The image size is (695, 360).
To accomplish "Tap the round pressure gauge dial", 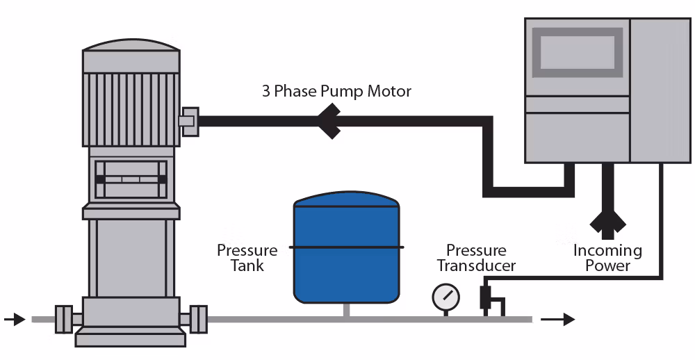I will [x=445, y=297].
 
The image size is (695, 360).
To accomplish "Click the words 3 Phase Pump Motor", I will [x=336, y=91].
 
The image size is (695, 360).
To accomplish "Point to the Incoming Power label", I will [x=607, y=257].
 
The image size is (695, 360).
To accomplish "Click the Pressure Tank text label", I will [x=247, y=257].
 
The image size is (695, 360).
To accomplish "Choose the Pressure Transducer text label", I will [x=476, y=257].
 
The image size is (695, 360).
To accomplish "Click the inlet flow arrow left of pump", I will [x=14, y=320].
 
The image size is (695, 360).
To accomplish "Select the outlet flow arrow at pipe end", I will [x=559, y=320].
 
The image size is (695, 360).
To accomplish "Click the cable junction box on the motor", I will [x=188, y=121].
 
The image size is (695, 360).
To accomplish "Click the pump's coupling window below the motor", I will [x=131, y=179].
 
